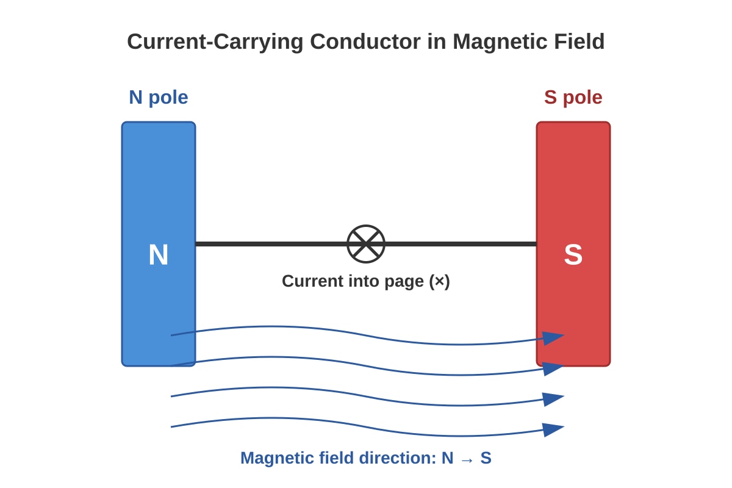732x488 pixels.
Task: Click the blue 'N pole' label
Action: pos(159,98)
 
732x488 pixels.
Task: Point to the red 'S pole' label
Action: pos(573,98)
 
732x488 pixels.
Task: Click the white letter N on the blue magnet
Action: pos(159,254)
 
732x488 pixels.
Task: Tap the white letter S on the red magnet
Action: pos(573,254)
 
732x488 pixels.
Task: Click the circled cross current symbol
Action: pos(365,244)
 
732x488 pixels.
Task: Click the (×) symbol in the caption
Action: pos(440,282)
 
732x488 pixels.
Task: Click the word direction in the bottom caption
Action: pos(397,458)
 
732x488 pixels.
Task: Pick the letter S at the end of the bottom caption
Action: pos(486,458)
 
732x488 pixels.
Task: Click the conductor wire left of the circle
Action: pos(271,244)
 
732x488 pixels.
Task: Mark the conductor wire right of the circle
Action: pos(461,244)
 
